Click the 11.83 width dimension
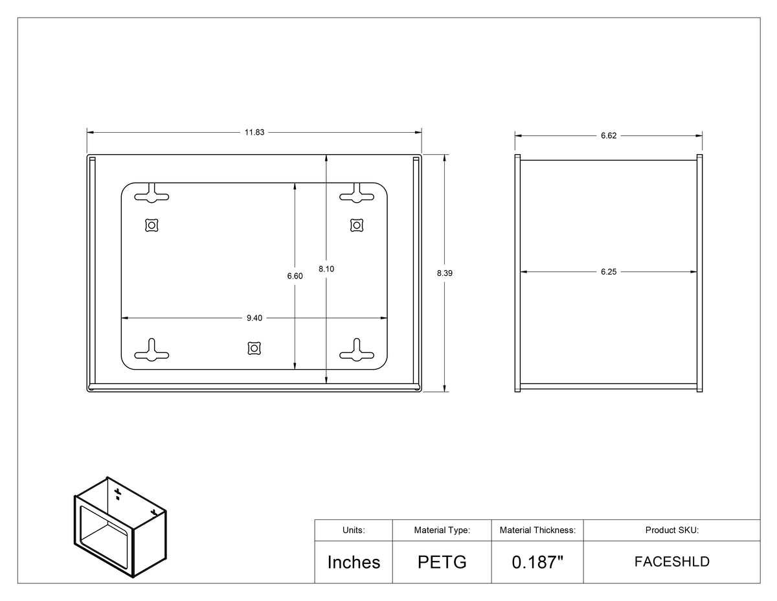[254, 132]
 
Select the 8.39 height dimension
[444, 273]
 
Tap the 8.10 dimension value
[326, 269]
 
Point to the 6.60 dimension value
[295, 276]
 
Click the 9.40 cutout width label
[254, 318]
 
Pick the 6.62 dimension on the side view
[609, 135]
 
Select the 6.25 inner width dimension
[609, 272]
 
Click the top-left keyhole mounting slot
[152, 194]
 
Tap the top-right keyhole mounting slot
[357, 194]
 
